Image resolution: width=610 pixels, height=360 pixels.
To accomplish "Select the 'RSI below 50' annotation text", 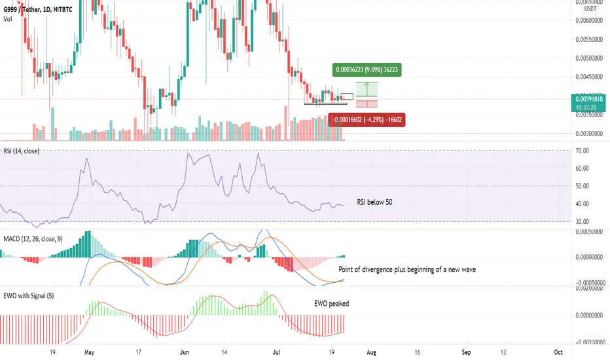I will tap(375, 202).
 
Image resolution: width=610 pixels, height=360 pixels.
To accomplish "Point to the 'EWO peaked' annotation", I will tap(331, 304).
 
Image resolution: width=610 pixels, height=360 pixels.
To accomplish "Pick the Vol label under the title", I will tap(7, 19).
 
